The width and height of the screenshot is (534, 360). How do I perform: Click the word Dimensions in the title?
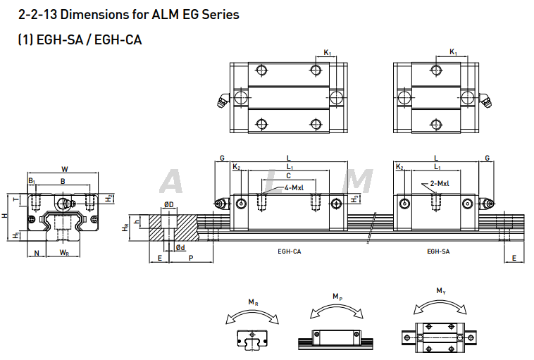(x=95, y=14)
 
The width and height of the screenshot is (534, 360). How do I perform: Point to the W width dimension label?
(x=65, y=168)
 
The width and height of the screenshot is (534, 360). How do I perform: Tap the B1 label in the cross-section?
(x=32, y=182)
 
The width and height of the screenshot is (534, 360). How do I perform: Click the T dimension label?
(x=17, y=200)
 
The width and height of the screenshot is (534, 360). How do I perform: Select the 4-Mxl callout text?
(x=294, y=188)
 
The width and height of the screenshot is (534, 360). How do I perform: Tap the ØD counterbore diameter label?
(x=168, y=204)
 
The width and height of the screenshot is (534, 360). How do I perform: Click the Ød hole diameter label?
(x=180, y=247)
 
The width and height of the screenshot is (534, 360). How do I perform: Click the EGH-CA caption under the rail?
(x=290, y=251)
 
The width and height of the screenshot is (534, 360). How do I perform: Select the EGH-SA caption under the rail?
(x=437, y=251)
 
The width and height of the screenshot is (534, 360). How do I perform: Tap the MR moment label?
(x=252, y=302)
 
